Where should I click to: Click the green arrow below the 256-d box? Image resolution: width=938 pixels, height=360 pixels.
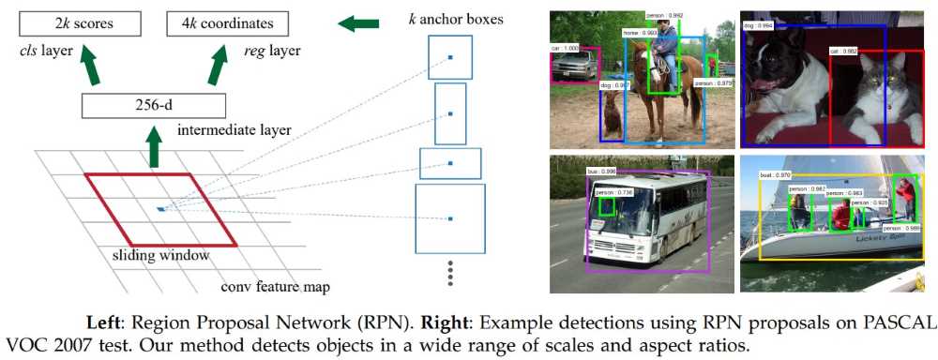pos(154,147)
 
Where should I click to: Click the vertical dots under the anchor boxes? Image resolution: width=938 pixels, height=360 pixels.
pos(449,275)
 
